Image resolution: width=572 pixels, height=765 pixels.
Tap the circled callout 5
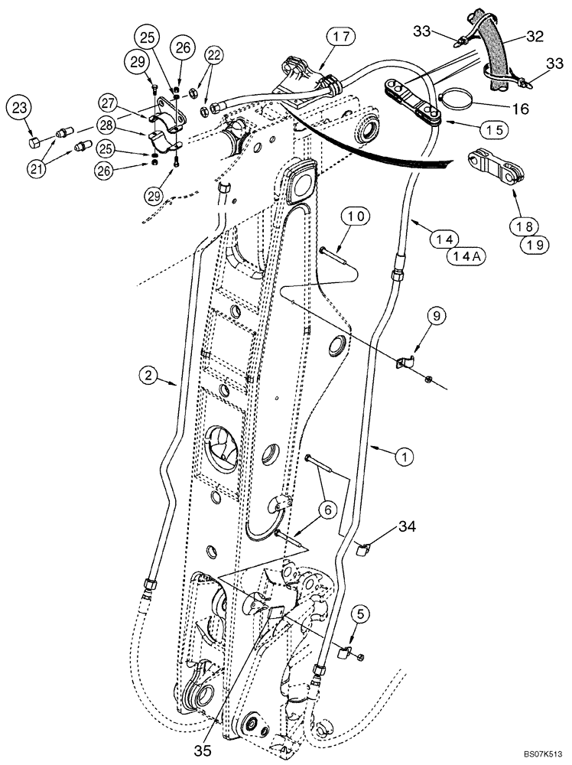[363, 613]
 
